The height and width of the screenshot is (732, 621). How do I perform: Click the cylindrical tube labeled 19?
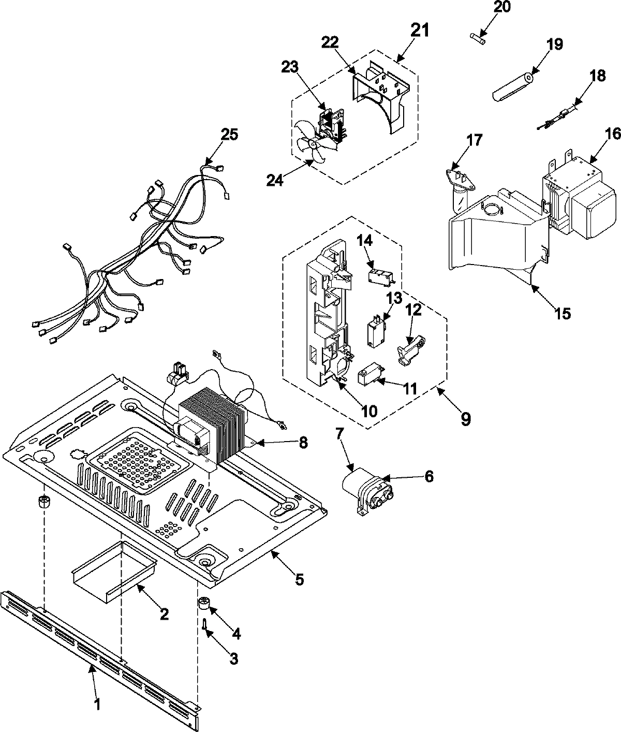point(512,87)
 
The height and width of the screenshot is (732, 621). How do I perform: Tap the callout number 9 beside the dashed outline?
point(465,418)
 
